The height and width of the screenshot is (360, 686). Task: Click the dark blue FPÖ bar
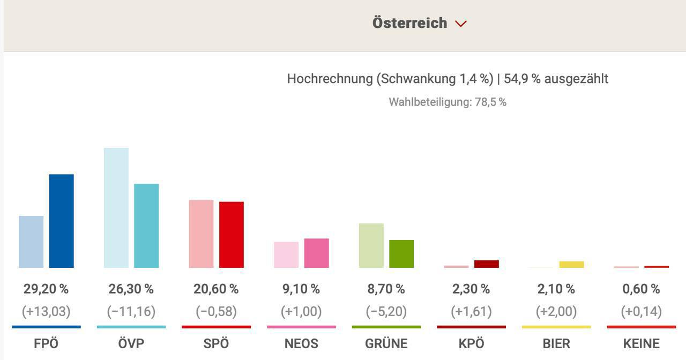point(61,221)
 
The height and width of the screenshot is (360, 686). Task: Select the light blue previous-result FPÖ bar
point(31,242)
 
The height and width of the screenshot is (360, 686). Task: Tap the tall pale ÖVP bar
point(116,208)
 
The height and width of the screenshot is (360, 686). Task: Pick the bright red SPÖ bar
point(232,235)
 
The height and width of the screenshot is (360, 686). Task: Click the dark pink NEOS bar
point(316,253)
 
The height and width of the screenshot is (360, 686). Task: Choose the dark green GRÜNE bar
point(401,254)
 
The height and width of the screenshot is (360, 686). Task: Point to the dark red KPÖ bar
point(486,264)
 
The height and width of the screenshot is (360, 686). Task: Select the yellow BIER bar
point(571,264)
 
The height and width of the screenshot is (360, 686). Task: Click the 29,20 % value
point(46,289)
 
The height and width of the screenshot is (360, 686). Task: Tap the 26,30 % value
point(131,289)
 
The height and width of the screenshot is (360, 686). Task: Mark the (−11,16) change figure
point(131,311)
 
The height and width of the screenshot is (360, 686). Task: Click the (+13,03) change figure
point(46,311)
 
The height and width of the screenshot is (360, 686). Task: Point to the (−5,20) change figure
point(386,311)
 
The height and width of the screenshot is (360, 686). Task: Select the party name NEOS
point(301,343)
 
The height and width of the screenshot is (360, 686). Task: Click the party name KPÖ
point(471,343)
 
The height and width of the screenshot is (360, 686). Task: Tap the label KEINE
point(641,343)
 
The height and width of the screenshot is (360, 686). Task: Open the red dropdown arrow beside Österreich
point(461,24)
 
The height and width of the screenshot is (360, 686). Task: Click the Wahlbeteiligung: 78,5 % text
point(448,102)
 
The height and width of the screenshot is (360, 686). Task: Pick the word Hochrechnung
point(329,79)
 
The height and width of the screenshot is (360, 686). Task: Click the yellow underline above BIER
point(556,327)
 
